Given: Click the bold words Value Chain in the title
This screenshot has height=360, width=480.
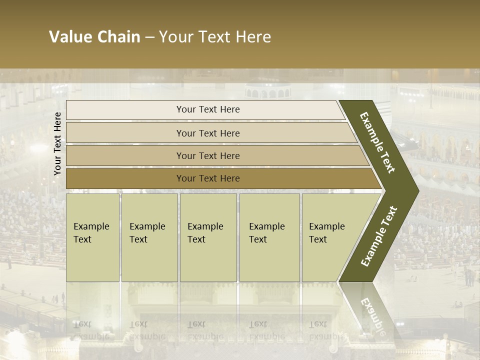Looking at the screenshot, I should [x=94, y=37].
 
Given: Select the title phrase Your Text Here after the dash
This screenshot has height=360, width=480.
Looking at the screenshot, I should [x=215, y=37].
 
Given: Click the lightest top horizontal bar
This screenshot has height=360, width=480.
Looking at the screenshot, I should [x=125, y=110].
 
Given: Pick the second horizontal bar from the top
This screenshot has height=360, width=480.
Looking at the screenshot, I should [x=125, y=133].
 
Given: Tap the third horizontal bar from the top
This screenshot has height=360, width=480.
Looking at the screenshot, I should [x=125, y=155].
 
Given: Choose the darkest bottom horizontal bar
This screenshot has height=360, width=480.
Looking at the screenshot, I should [x=125, y=178].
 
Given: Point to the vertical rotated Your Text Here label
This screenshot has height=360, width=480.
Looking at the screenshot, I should [x=57, y=143].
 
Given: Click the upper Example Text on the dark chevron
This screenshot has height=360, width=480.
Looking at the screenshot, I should [x=377, y=142].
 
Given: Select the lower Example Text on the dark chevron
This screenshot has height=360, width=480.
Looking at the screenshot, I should [x=379, y=236].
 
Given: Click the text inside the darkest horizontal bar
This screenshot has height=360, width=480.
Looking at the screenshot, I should [x=208, y=178].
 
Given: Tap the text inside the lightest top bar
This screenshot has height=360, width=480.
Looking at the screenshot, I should [x=208, y=109].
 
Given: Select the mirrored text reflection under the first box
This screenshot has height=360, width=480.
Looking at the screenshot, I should [x=91, y=330].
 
